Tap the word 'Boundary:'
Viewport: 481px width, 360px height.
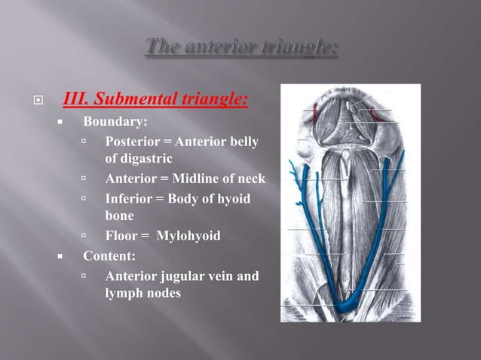coord(115,121)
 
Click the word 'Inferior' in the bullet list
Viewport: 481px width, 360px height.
coord(128,199)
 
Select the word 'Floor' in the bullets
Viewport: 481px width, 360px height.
coord(121,236)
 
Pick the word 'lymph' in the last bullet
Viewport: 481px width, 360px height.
coord(124,294)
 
